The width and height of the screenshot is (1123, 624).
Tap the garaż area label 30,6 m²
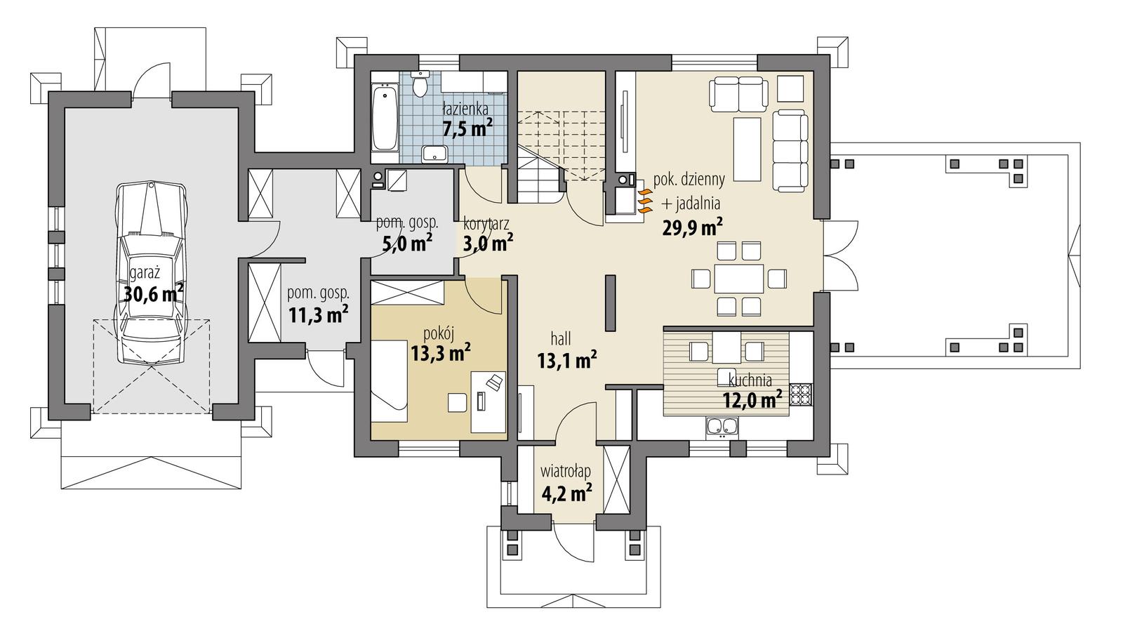point(154,293)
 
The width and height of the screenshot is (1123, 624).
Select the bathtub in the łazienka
point(384,117)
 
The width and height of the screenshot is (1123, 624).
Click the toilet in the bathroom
point(420,85)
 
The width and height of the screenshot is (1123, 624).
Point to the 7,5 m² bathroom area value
point(467,128)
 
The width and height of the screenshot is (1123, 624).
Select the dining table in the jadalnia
point(738,279)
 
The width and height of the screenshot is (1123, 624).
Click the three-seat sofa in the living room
point(790,150)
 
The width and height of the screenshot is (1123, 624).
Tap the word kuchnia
point(750,380)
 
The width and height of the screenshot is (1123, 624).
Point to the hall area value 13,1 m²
point(566,361)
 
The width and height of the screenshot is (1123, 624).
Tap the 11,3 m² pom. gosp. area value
point(319,314)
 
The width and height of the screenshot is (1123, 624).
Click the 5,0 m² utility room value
point(407,244)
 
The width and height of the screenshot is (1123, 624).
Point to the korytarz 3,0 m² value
point(487,244)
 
